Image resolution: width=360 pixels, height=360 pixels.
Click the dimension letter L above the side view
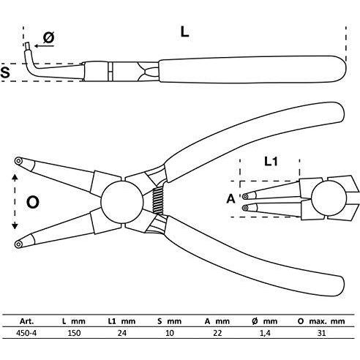click(x=184, y=32)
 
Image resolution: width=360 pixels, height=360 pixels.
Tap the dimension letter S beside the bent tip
click(x=5, y=72)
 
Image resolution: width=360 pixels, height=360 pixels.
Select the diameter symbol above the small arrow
click(x=49, y=38)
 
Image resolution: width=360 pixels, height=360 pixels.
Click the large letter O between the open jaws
click(x=32, y=202)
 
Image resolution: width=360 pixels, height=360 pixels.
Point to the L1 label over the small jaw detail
click(x=271, y=162)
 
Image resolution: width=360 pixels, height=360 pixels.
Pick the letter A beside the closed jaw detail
click(x=230, y=199)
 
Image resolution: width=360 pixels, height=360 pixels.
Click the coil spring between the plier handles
click(x=157, y=201)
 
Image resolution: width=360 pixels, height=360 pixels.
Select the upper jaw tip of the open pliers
click(x=18, y=161)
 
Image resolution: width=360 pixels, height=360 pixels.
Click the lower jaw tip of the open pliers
click(x=18, y=244)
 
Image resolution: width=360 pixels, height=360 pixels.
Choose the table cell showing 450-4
click(x=26, y=333)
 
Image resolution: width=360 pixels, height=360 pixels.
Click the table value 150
click(x=74, y=333)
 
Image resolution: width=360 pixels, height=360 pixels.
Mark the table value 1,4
click(x=265, y=333)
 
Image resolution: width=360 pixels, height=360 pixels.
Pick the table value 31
click(x=321, y=333)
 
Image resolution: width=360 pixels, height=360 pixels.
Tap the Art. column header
click(x=26, y=321)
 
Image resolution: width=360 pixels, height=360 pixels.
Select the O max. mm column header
click(x=321, y=321)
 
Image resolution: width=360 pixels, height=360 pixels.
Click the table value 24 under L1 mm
click(x=122, y=333)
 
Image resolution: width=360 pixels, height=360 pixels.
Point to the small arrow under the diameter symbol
click(x=44, y=46)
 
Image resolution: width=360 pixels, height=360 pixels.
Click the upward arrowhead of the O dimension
click(x=15, y=178)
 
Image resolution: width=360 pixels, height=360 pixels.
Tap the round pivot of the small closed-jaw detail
click(x=329, y=199)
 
